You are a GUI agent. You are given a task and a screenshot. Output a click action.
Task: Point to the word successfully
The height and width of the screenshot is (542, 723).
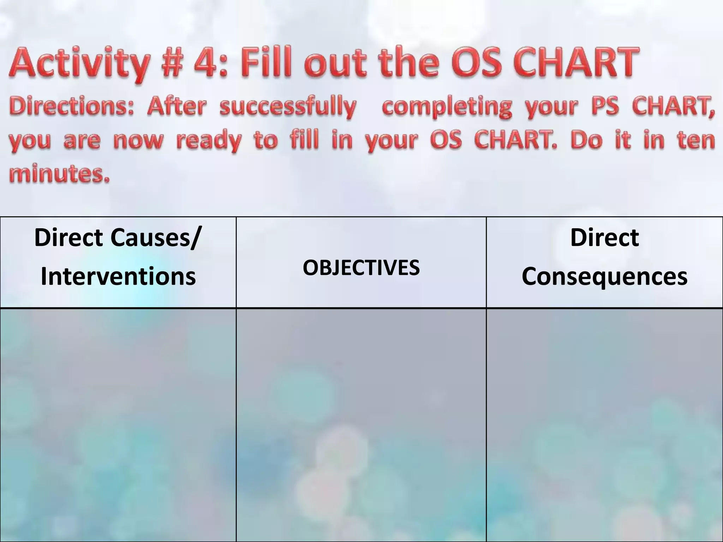point(287,107)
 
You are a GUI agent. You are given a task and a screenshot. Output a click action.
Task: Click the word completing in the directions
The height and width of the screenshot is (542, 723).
point(447,107)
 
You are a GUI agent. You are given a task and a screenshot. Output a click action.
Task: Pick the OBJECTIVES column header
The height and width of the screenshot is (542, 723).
point(361,267)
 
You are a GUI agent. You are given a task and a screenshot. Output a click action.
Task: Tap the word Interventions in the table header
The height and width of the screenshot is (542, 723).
point(118,276)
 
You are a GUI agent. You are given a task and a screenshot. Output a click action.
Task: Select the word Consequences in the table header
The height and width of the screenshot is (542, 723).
point(604,276)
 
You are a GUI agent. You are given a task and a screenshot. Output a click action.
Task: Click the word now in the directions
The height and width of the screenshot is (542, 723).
point(138,140)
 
